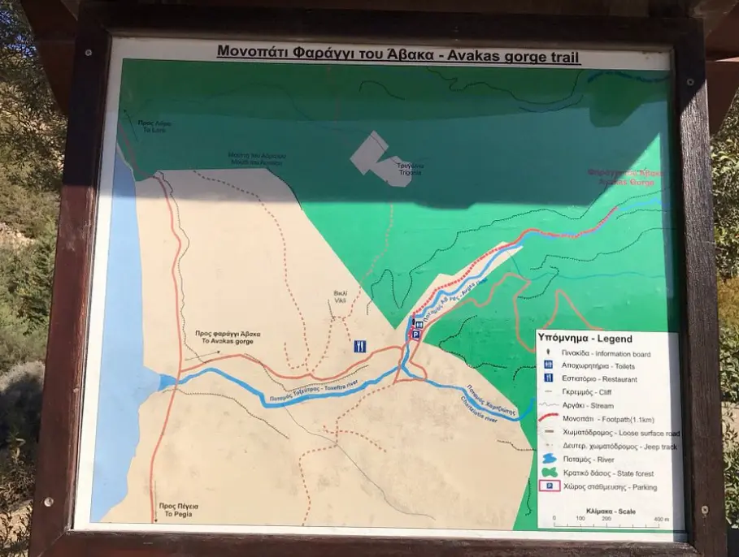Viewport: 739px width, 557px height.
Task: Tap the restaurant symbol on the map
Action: [x=360, y=346]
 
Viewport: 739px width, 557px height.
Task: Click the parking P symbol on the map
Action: [x=415, y=334]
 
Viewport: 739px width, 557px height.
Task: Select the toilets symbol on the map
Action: [x=418, y=322]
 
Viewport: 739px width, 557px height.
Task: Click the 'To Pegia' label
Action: [x=179, y=509]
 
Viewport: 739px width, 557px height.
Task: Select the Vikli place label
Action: [x=341, y=296]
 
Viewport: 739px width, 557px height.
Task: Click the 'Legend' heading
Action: [x=585, y=338]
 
